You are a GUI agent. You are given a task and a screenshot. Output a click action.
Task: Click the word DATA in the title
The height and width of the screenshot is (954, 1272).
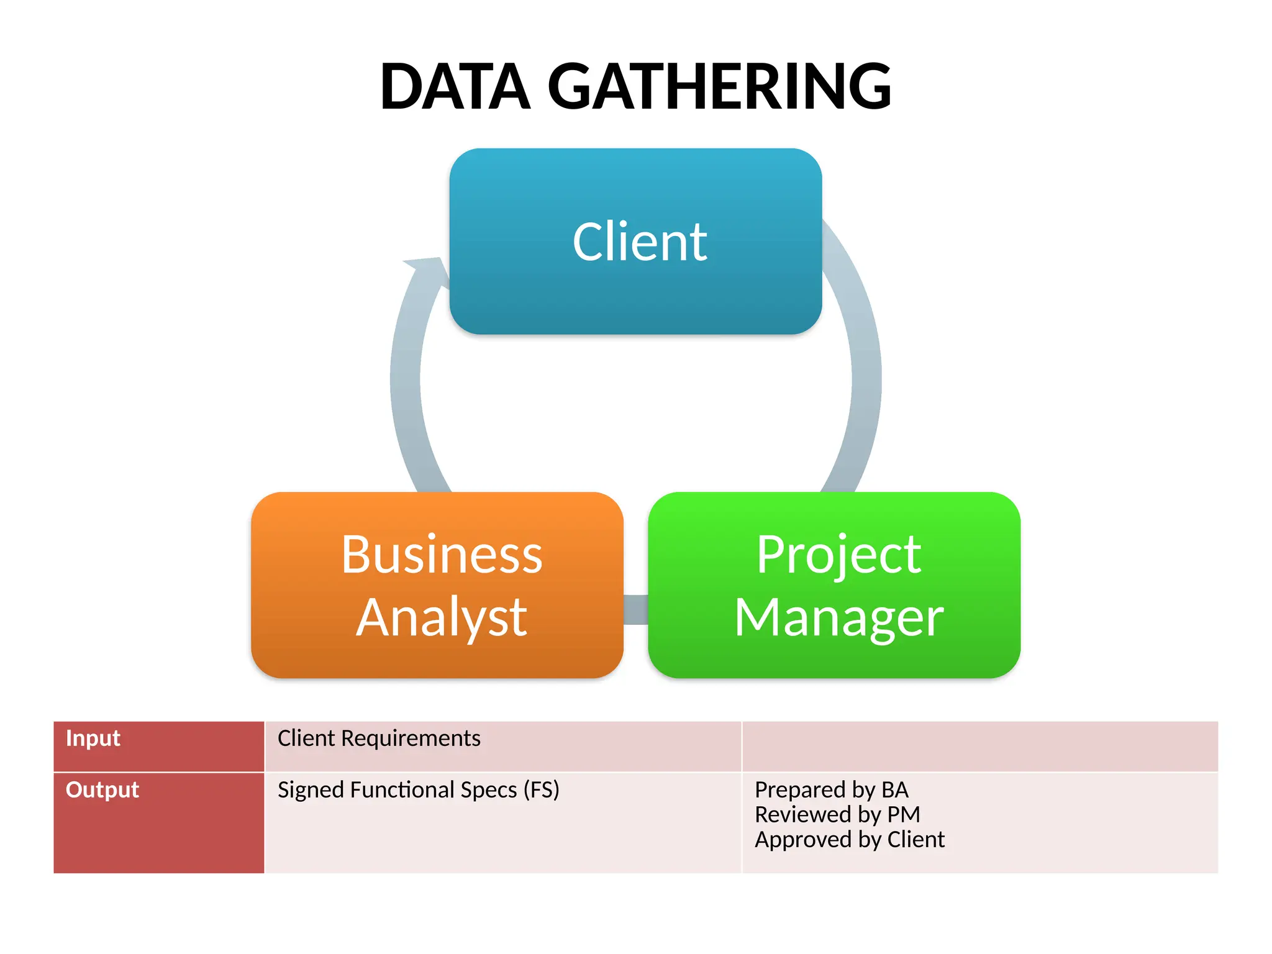point(455,87)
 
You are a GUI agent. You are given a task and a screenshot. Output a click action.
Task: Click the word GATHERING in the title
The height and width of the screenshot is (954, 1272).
point(719,87)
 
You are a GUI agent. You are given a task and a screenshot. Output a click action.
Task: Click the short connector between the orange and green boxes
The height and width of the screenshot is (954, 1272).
point(635,609)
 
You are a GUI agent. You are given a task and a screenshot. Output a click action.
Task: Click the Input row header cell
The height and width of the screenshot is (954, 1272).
point(159,746)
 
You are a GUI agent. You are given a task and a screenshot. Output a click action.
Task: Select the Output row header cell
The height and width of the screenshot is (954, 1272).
point(159,822)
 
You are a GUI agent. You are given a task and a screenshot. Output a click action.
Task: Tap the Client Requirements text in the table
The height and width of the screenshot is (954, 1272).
point(379,738)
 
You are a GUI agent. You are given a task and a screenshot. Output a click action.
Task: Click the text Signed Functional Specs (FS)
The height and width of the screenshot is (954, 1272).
point(418,790)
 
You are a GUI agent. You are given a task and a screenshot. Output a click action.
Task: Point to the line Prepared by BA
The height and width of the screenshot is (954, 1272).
point(831,790)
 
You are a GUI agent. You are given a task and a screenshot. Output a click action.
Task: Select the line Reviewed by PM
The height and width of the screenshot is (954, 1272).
point(837,815)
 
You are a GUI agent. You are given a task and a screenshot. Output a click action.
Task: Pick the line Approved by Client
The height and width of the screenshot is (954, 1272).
point(849,840)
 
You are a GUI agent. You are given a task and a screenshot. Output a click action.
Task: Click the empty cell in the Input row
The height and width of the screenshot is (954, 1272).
point(979,746)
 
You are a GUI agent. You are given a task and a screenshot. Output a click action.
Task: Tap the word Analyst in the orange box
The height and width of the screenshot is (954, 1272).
point(442,617)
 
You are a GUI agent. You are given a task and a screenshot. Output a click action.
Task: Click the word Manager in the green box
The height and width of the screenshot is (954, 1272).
point(838,617)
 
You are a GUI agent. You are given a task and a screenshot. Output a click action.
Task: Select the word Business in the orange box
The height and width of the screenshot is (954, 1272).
point(442,555)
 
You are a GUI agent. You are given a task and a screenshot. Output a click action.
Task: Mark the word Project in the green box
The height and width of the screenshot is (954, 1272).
point(838,555)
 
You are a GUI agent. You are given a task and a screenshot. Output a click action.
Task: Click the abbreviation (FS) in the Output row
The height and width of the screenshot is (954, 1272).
point(541,790)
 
